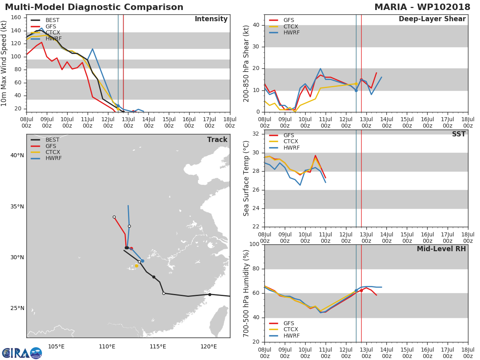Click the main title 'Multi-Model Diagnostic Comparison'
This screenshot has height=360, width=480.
pyautogui.click(x=94, y=7)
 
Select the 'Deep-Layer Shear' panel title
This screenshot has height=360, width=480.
pyautogui.click(x=432, y=19)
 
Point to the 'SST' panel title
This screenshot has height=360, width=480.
pyautogui.click(x=458, y=134)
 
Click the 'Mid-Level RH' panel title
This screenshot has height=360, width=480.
pyautogui.click(x=441, y=249)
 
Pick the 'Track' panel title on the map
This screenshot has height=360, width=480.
pyautogui.click(x=217, y=140)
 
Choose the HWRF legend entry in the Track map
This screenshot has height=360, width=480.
pyautogui.click(x=53, y=158)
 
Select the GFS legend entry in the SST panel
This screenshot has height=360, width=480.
pyautogui.click(x=288, y=136)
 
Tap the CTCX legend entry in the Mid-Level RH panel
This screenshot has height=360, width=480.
pyautogui.click(x=291, y=330)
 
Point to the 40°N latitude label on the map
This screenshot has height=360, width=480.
pyautogui.click(x=17, y=156)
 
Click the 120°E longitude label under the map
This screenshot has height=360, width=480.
pyautogui.click(x=209, y=346)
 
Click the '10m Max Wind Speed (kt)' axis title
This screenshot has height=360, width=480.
pyautogui.click(x=4, y=63)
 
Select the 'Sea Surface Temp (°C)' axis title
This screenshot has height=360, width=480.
pyautogui.click(x=246, y=178)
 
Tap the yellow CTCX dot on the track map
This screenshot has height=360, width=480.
pyautogui.click(x=136, y=266)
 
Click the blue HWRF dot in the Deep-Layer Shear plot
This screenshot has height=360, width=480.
pyautogui.click(x=356, y=90)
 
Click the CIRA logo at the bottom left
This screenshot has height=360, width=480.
pyautogui.click(x=22, y=353)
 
